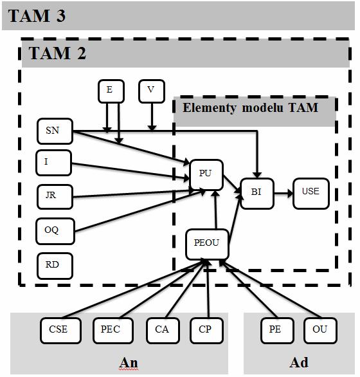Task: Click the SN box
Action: [55, 131]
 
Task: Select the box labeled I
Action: [53, 163]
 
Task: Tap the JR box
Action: [55, 197]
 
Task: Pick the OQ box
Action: [55, 231]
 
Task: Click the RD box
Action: [55, 266]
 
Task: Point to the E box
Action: [111, 91]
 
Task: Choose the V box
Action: [152, 91]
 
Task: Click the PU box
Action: [206, 175]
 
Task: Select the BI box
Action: [257, 193]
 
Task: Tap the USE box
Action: [310, 193]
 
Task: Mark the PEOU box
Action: [207, 244]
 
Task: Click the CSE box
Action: [60, 330]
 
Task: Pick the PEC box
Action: [113, 330]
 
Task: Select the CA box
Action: [163, 330]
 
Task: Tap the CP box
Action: [206, 330]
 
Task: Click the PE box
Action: [277, 330]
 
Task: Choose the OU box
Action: [320, 330]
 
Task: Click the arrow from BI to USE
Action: [283, 193]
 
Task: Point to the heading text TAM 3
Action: [37, 16]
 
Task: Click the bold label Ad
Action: [299, 362]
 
